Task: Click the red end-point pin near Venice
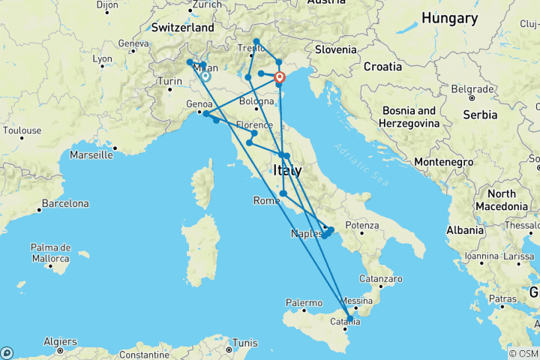pyautogui.click(x=280, y=77)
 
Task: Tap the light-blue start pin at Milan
pyautogui.click(x=205, y=75)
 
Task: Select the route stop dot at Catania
pyautogui.click(x=349, y=319)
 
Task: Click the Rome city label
pyautogui.click(x=266, y=200)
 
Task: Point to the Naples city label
pyautogui.click(x=306, y=234)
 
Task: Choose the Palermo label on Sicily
pyautogui.click(x=304, y=303)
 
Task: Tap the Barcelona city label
pyautogui.click(x=65, y=203)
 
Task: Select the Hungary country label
pyautogui.click(x=449, y=18)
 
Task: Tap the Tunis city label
pyautogui.click(x=244, y=343)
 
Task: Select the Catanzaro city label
pyautogui.click(x=376, y=278)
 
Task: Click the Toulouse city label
pyautogui.click(x=22, y=130)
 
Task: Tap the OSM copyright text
pyautogui.click(x=523, y=353)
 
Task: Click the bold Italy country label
pyautogui.click(x=288, y=171)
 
